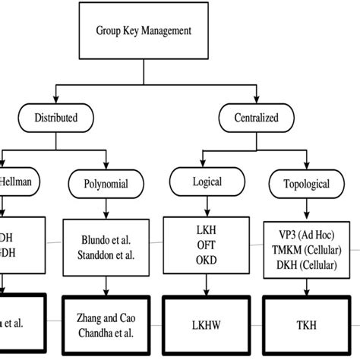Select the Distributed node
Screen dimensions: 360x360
pos(56,118)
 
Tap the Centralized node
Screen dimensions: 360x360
pos(257,118)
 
